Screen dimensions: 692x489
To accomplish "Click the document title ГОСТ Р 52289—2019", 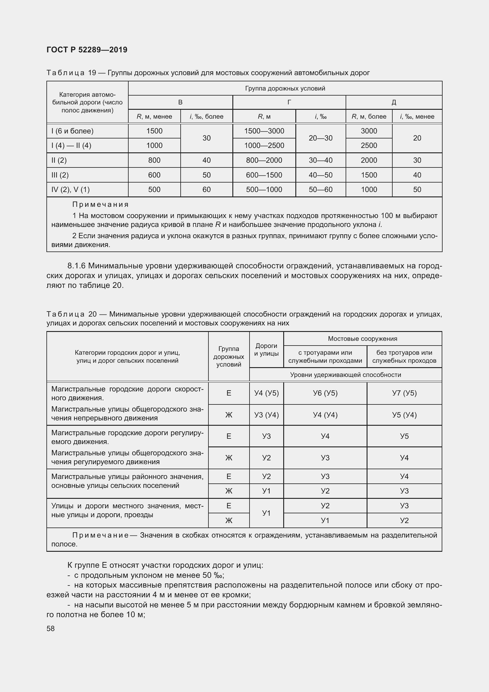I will pos(87,50).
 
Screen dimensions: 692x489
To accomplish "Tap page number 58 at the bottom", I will pos(51,628).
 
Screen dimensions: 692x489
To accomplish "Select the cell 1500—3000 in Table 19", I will pos(264,131).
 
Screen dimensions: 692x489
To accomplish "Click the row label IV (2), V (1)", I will pos(70,190).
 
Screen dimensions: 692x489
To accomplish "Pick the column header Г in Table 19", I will pos(289,102).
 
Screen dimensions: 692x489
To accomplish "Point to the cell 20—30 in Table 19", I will pos(321,138).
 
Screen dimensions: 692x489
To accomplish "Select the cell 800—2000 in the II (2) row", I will pos(264,160).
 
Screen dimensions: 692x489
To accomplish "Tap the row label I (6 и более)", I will pos(72,131).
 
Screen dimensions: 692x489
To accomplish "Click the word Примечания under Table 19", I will pos(101,205).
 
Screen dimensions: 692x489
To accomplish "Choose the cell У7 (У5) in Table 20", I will pos(404,393).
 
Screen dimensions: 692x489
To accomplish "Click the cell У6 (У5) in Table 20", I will pos(325,393).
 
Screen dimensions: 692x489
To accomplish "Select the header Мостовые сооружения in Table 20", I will pos(362,339).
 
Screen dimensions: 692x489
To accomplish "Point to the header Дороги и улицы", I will pos(266,350).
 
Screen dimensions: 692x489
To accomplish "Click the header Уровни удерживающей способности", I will pos(345,375).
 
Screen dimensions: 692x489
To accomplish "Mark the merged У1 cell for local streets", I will pos(266,513).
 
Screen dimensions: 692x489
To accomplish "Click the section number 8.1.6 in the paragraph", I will pos(77,266).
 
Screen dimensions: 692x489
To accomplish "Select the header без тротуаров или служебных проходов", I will pos(404,357).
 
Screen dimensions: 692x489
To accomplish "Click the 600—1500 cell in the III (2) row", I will pos(264,175).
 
